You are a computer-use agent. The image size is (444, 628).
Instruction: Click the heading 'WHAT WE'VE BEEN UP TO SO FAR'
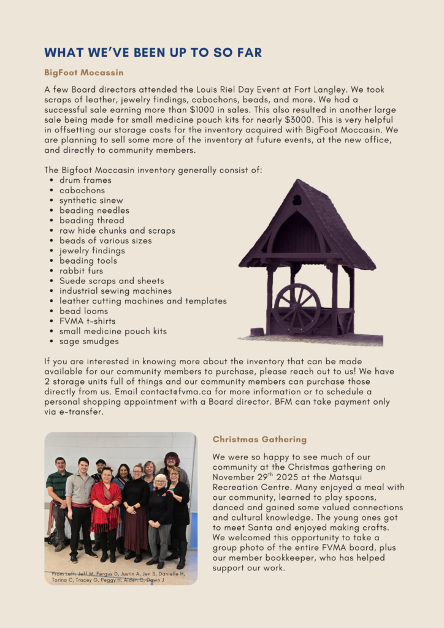pyautogui.click(x=153, y=52)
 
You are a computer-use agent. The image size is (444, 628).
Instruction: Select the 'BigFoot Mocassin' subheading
pyautogui.click(x=84, y=72)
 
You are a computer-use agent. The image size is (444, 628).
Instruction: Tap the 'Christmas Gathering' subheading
pyautogui.click(x=259, y=439)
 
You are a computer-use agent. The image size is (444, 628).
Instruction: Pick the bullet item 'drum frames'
pyautogui.click(x=85, y=180)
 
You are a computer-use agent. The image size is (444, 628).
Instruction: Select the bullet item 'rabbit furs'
pyautogui.click(x=81, y=270)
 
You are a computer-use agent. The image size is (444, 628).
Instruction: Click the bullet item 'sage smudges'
pyautogui.click(x=89, y=341)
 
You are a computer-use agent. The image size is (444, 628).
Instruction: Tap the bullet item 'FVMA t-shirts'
pyautogui.click(x=87, y=321)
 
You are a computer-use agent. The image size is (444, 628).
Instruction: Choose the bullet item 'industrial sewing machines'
pyautogui.click(x=115, y=291)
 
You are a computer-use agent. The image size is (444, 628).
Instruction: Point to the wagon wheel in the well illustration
pyautogui.click(x=297, y=306)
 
